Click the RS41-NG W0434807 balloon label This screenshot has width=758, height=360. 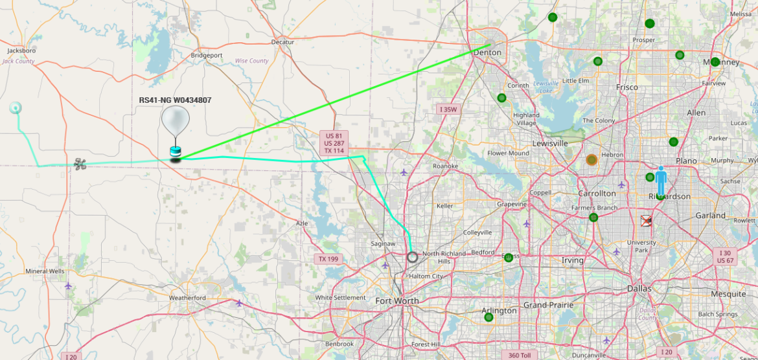[x=175, y=100]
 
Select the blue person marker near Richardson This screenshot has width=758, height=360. [x=660, y=181]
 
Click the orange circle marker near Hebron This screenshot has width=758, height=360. [x=591, y=159]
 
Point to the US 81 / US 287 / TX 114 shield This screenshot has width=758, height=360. [x=334, y=143]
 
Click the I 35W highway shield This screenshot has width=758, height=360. [x=448, y=109]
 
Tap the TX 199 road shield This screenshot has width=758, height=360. [x=328, y=259]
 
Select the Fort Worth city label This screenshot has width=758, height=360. [x=397, y=300]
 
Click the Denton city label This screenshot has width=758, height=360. [x=487, y=52]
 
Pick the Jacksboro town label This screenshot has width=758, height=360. [x=21, y=51]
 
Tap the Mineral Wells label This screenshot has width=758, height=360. [x=45, y=271]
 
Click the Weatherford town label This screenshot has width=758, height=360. [x=187, y=298]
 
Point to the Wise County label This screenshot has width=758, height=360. [x=251, y=61]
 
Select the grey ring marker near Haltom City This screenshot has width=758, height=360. [x=413, y=257]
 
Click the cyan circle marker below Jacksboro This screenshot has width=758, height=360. [x=15, y=108]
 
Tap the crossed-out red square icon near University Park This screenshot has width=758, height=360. [x=646, y=221]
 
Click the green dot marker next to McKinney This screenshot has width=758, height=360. [x=715, y=62]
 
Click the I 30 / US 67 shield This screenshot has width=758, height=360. [x=725, y=256]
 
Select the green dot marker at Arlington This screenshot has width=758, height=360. [x=488, y=317]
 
